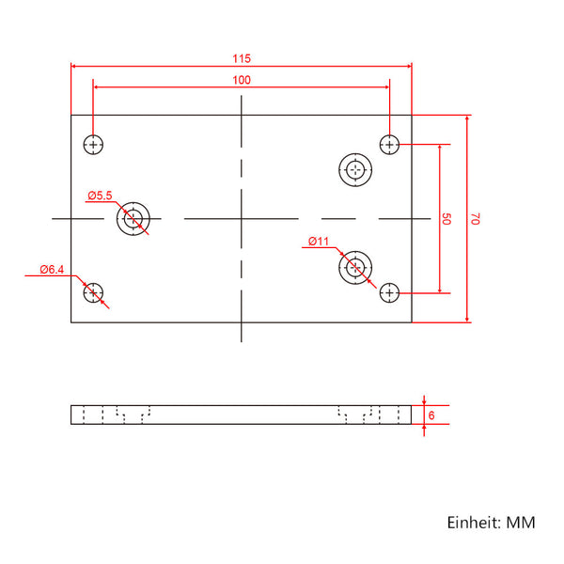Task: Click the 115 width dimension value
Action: [242, 58]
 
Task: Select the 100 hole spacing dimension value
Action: [242, 80]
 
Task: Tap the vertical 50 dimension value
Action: [446, 219]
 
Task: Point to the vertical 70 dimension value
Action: [475, 219]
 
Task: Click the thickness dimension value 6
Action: [431, 415]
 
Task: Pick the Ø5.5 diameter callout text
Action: [100, 196]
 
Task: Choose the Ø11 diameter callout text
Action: [319, 241]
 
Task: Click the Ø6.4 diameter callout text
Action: [52, 269]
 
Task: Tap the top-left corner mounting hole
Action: [93, 145]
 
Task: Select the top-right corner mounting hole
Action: [389, 145]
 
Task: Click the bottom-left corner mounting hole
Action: [93, 292]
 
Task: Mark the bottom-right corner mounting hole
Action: [389, 292]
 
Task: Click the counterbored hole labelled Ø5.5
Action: [133, 202]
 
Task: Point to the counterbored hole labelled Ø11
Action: [355, 251]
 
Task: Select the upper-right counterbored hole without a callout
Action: [355, 153]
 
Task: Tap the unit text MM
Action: [521, 523]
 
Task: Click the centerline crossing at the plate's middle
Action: [242, 218]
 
